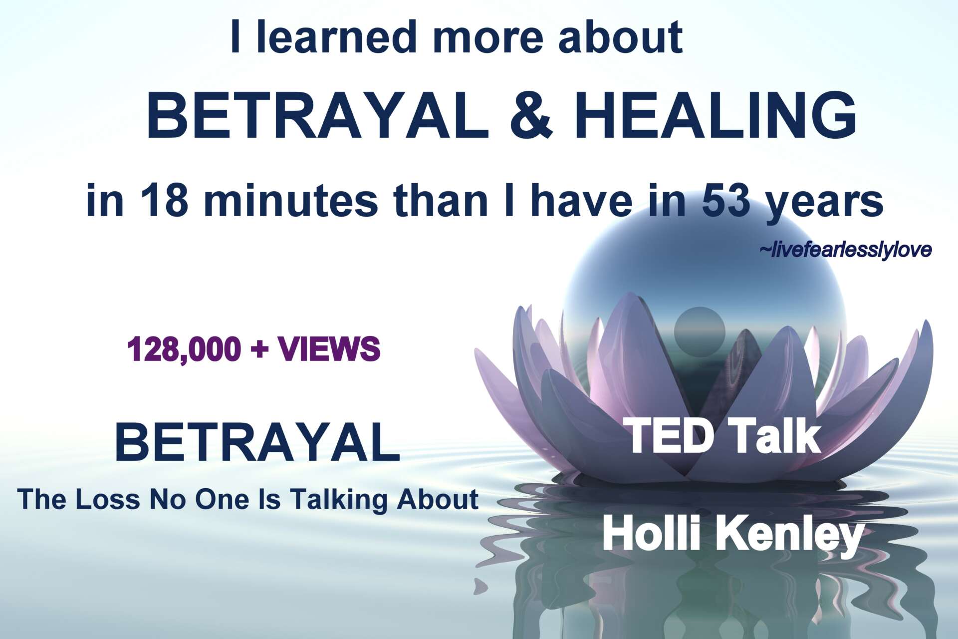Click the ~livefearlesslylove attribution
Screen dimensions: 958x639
click(x=845, y=250)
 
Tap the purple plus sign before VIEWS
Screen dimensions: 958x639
click(x=259, y=349)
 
